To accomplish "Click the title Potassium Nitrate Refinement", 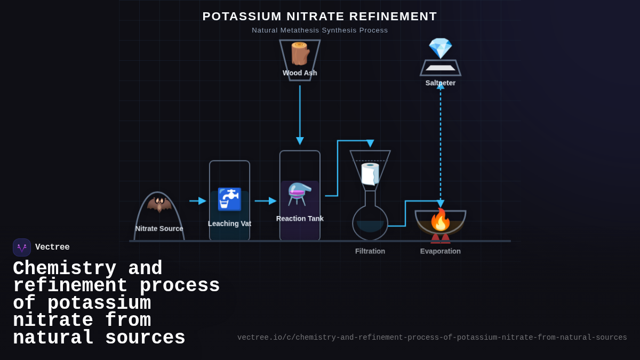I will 319,17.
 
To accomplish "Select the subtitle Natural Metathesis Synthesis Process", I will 319,30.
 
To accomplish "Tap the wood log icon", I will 300,53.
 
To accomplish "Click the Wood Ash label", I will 300,73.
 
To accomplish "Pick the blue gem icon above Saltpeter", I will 440,48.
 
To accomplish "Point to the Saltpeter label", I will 440,83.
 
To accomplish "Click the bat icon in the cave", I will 159,204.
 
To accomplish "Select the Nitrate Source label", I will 159,229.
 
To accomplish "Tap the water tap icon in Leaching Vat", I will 229,199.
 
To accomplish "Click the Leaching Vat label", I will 229,224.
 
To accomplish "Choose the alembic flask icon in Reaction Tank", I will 300,194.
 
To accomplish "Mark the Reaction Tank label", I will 300,219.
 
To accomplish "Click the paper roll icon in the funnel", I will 370,174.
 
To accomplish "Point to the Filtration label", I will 370,251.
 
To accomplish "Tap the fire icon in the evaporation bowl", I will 441,219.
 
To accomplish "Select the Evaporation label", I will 441,251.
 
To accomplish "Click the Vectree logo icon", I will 22,247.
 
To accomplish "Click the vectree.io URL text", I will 432,338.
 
